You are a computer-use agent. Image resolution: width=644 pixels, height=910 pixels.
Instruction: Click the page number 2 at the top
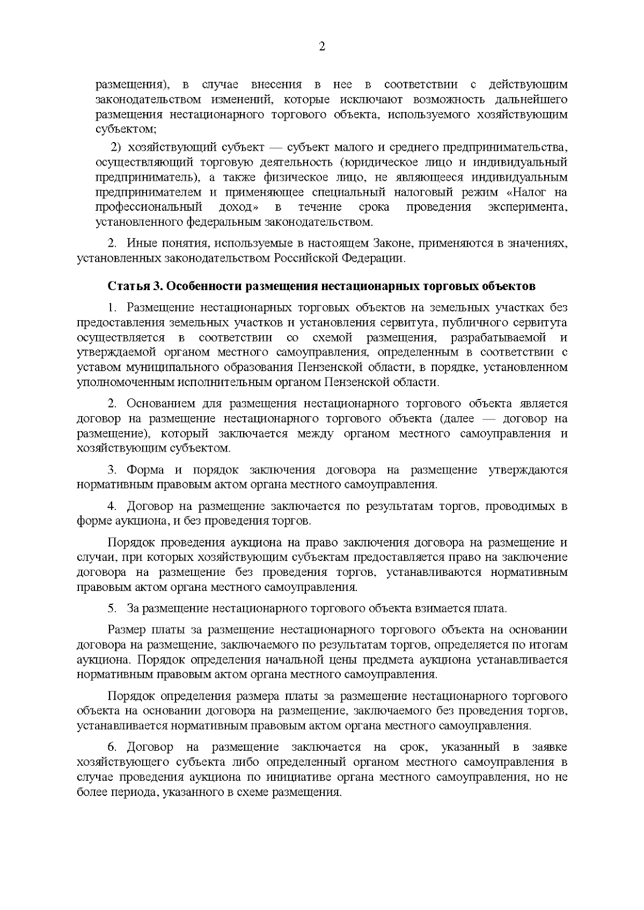322,47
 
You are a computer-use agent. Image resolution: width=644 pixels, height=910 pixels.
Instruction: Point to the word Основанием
160,403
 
